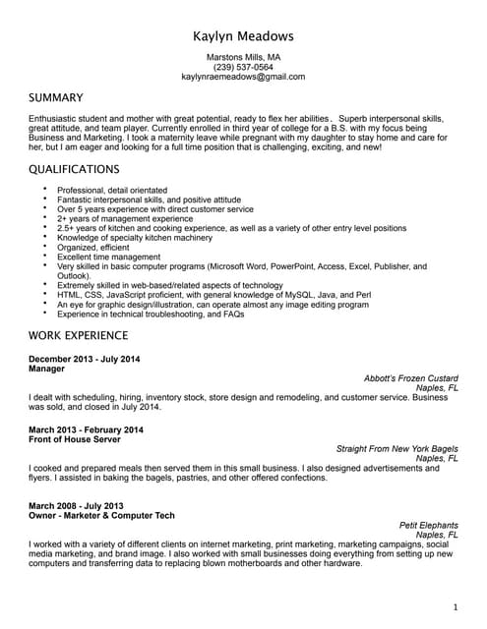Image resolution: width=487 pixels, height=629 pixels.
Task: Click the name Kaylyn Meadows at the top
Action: coord(243,35)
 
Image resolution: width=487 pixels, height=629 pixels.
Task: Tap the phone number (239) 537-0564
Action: coord(243,67)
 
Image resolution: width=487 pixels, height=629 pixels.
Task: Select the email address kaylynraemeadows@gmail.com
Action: coord(243,77)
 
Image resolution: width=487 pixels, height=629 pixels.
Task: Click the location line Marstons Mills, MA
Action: coord(243,57)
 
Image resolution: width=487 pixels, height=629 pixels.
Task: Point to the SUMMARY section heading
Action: coord(56,98)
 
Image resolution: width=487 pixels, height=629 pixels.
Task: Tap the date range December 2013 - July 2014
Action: coord(85,359)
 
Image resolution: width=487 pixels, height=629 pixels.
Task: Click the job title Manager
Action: coord(46,369)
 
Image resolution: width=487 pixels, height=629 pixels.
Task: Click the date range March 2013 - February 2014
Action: coord(86,429)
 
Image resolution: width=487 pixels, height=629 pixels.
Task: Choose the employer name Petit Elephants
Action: coord(428,525)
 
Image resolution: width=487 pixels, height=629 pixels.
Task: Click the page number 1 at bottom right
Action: coord(455,607)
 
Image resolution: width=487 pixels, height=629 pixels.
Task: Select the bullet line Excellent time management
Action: coord(108,257)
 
